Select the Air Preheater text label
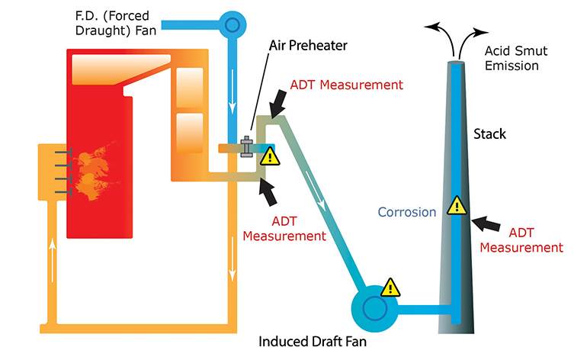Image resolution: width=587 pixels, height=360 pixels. pos(307,45)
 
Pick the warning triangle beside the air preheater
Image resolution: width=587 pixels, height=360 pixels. pos(268,157)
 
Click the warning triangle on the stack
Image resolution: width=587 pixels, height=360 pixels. pos(456,205)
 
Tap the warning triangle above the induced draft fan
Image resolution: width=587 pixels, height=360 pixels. pos(390,287)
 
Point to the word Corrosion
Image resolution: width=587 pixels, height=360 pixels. pos(407,212)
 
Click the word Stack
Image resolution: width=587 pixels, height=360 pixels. pos(489,134)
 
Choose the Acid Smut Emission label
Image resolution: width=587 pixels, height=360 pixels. pos(511,58)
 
